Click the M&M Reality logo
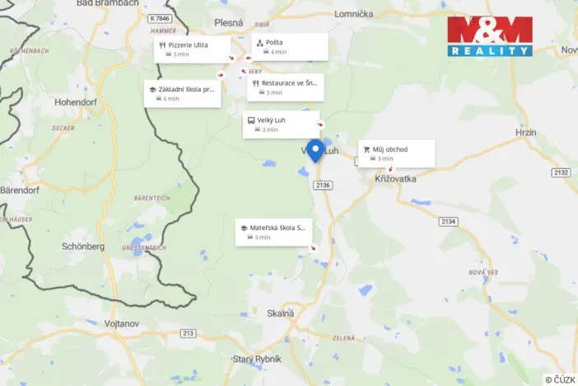tap(490, 35)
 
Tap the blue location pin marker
tap(315, 150)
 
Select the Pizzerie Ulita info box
tap(193, 49)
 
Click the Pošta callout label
tap(289, 46)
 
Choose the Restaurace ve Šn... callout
tap(284, 87)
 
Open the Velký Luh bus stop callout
tap(281, 124)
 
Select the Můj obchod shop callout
tap(394, 153)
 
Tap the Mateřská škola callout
tap(274, 232)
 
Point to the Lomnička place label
tap(353, 14)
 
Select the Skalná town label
tap(281, 313)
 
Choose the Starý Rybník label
tap(256, 359)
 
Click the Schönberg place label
tap(83, 246)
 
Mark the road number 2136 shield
tap(322, 186)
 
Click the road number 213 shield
tap(189, 333)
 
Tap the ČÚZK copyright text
tap(560, 379)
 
